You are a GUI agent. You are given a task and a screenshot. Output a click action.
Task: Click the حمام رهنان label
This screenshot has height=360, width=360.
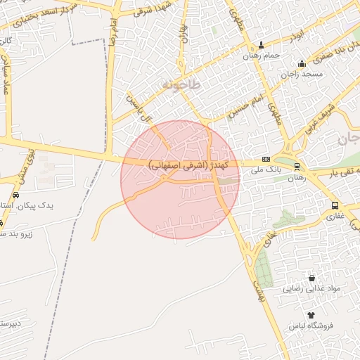pyautogui.click(x=262, y=56)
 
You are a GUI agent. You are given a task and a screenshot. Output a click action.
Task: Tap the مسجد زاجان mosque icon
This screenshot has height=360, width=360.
pyautogui.click(x=302, y=63)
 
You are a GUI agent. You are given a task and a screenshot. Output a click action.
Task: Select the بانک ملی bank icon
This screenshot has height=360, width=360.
pyautogui.click(x=266, y=160)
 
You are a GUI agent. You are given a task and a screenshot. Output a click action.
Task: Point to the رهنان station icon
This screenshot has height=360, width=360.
pyautogui.click(x=297, y=167)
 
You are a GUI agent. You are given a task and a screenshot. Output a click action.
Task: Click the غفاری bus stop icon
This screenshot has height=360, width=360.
pyautogui.click(x=335, y=206)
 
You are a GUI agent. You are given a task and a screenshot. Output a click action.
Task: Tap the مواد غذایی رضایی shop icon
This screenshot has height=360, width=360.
pyautogui.click(x=311, y=278)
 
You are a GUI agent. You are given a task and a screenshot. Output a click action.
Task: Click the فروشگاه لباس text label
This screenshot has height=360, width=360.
pyautogui.click(x=311, y=326)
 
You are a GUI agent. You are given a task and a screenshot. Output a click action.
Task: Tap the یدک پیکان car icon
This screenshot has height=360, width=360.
pyautogui.click(x=15, y=195)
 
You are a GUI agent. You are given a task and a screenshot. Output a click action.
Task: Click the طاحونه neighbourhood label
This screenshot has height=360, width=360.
pyautogui.click(x=181, y=84)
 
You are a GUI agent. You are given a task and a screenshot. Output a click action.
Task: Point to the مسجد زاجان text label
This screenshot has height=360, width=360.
pyautogui.click(x=302, y=75)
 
